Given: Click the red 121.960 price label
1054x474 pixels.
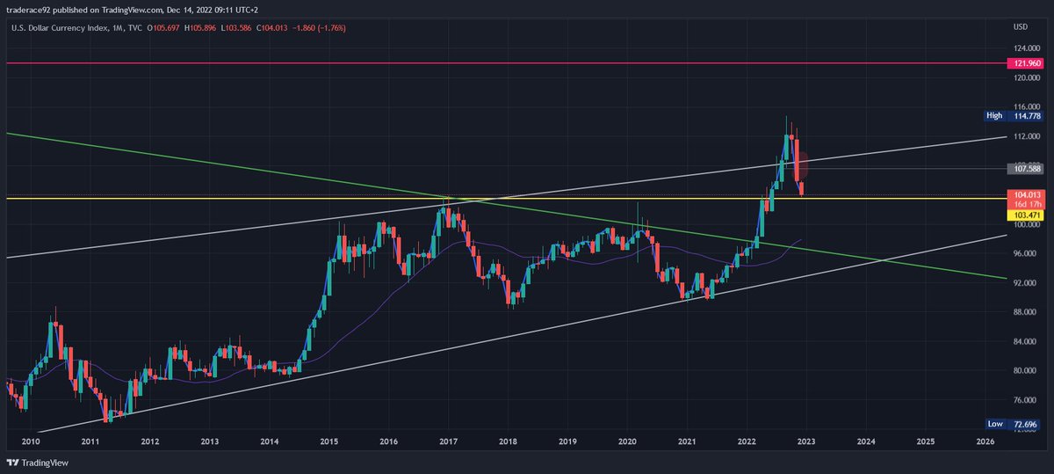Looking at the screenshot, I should coord(1027,63).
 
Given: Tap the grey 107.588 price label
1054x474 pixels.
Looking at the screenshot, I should coord(1027,168).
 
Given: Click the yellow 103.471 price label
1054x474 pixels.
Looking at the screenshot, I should coord(1027,215).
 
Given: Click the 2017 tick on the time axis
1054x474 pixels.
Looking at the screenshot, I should coord(448,441).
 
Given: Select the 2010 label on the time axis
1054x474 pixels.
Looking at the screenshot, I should coord(30,441).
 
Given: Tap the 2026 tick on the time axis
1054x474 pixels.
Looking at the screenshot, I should coord(985,441).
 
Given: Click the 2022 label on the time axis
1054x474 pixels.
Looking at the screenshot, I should coord(747,441).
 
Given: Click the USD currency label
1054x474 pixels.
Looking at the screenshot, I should coord(1020,26).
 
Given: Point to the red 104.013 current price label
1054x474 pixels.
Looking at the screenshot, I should coord(1027,194).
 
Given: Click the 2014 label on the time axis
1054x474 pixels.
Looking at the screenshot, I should coord(269,441).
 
